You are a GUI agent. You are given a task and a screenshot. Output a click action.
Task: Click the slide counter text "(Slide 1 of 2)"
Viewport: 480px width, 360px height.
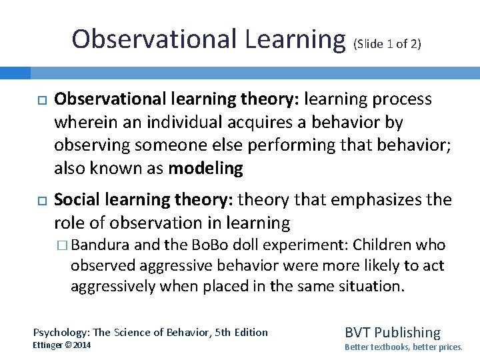tap(387, 44)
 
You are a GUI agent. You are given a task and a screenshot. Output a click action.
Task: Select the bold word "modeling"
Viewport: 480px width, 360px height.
tap(205, 168)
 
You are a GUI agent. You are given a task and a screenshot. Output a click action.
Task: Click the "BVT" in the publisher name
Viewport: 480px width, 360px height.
tap(358, 333)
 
